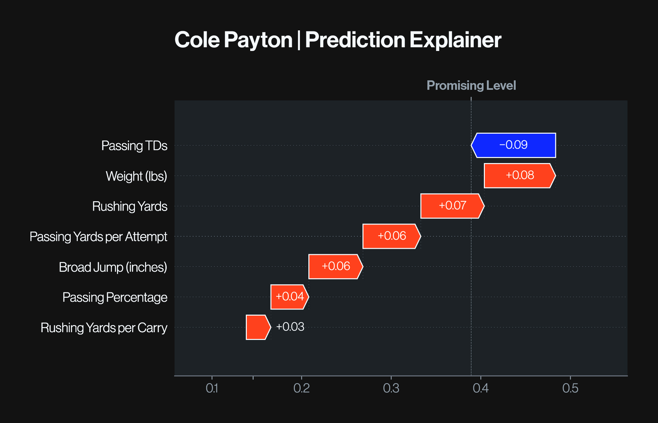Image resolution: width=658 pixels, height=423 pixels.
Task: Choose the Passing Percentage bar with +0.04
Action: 289,297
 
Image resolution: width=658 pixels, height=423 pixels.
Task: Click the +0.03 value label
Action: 290,327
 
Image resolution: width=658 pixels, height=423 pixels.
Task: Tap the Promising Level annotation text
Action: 471,85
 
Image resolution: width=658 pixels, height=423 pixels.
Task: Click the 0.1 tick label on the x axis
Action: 212,388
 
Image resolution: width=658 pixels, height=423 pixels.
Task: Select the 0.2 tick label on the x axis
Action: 301,388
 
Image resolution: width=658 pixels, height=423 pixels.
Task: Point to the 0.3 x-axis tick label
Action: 391,388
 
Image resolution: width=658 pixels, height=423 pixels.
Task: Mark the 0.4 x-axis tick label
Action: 480,388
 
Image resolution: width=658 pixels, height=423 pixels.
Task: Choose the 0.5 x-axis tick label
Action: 570,388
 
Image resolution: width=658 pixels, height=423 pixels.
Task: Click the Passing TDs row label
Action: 134,146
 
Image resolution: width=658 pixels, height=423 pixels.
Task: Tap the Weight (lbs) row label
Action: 136,176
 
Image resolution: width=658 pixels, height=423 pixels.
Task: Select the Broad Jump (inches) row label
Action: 113,267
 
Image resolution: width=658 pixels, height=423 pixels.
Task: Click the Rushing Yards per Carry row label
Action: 104,328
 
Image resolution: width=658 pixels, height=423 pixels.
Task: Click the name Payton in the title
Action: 258,40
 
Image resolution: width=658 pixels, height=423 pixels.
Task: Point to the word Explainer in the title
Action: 455,40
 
